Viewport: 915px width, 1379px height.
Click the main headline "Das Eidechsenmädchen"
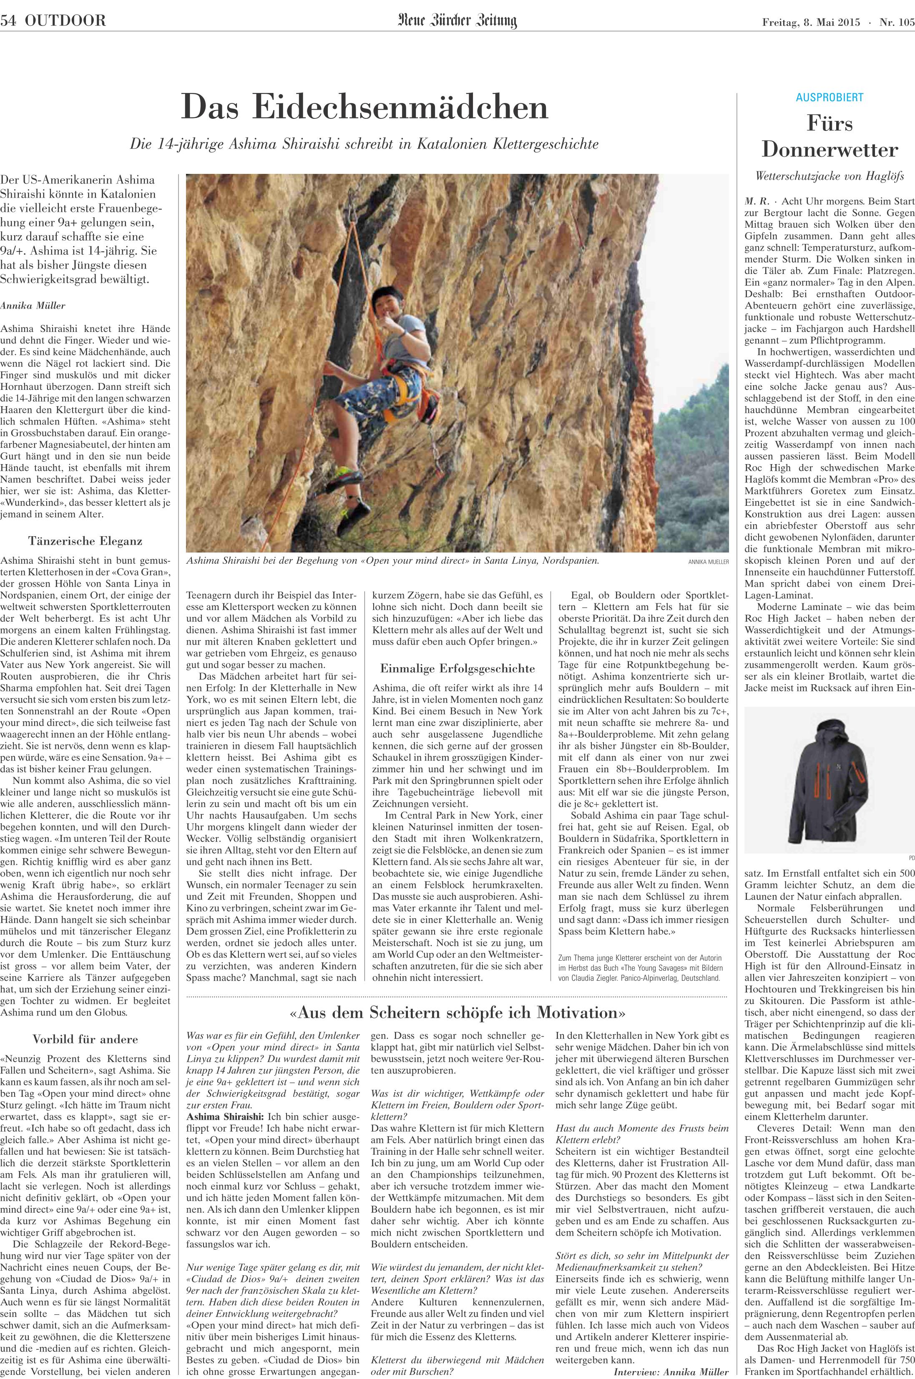coord(365,107)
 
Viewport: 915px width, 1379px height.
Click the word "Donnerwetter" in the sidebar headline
coord(829,150)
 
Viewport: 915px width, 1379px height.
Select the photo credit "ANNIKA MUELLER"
coord(709,563)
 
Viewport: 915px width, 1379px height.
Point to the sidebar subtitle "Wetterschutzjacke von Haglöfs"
coord(829,176)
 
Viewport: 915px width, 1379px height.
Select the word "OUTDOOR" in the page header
coord(65,22)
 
